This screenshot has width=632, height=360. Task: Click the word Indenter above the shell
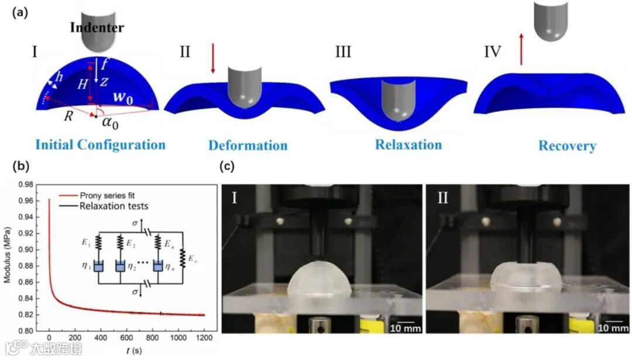[96, 27]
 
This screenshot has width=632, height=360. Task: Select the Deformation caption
[248, 145]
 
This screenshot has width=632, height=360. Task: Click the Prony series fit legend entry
[102, 196]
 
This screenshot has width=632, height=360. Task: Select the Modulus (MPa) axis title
[8, 258]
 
